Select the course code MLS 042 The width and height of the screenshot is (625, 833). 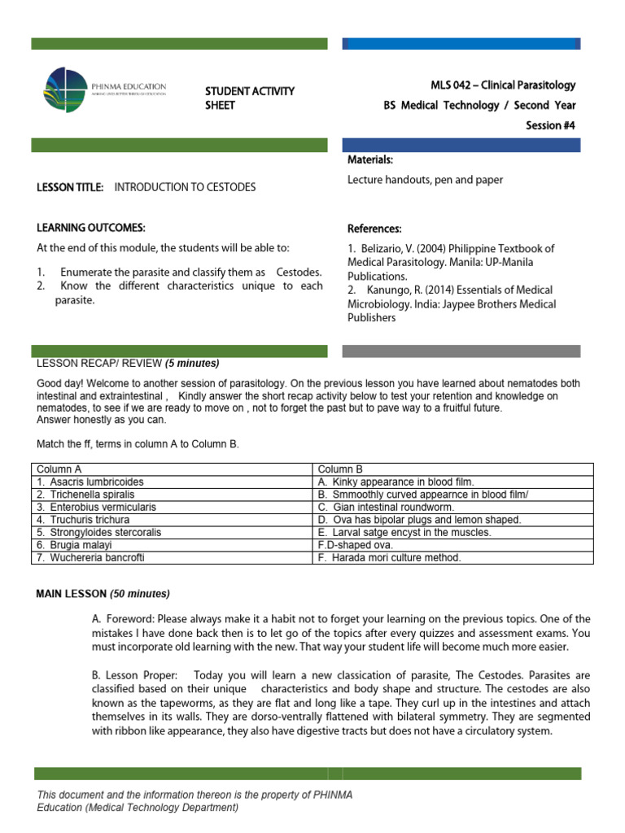pyautogui.click(x=452, y=85)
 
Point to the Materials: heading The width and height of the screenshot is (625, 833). pyautogui.click(x=370, y=159)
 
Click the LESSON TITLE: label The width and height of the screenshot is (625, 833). pyautogui.click(x=70, y=187)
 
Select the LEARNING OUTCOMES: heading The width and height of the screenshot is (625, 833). pyautogui.click(x=91, y=227)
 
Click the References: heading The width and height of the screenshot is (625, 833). pyautogui.click(x=374, y=229)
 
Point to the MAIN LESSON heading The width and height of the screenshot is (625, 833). pyautogui.click(x=103, y=593)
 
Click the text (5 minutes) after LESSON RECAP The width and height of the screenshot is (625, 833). pyautogui.click(x=192, y=363)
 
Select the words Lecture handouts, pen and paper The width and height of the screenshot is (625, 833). pyautogui.click(x=425, y=180)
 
